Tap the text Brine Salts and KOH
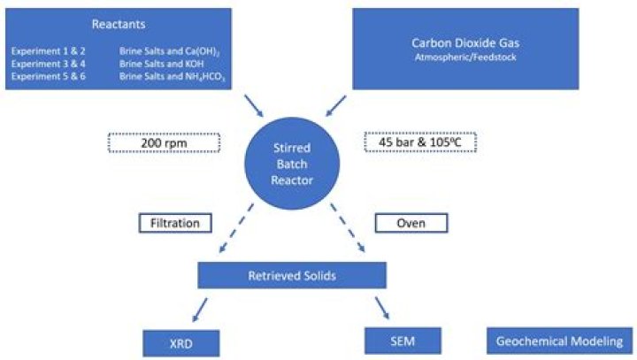coord(153,64)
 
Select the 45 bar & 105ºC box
coord(421,142)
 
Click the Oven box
coord(411,223)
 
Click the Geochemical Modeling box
coord(560,341)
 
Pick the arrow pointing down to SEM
coord(381,308)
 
